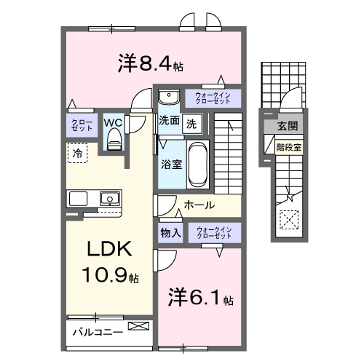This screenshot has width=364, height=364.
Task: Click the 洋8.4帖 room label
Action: click(150, 64)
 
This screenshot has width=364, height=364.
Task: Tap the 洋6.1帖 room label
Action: click(202, 298)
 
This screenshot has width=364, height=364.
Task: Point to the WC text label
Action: click(114, 123)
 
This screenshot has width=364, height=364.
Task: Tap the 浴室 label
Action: click(171, 164)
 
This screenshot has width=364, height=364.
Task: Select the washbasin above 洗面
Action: click(169, 96)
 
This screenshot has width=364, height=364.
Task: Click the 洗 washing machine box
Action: click(191, 123)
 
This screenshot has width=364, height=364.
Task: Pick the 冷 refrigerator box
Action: click(77, 153)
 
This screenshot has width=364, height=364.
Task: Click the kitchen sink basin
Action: click(109, 197)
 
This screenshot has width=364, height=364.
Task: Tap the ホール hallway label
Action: click(199, 205)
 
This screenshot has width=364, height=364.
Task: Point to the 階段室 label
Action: click(288, 146)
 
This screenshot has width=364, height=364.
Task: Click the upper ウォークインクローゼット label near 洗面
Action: click(213, 97)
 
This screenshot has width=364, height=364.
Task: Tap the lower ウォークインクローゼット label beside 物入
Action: click(213, 233)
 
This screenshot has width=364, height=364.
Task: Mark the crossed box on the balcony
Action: click(136, 327)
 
